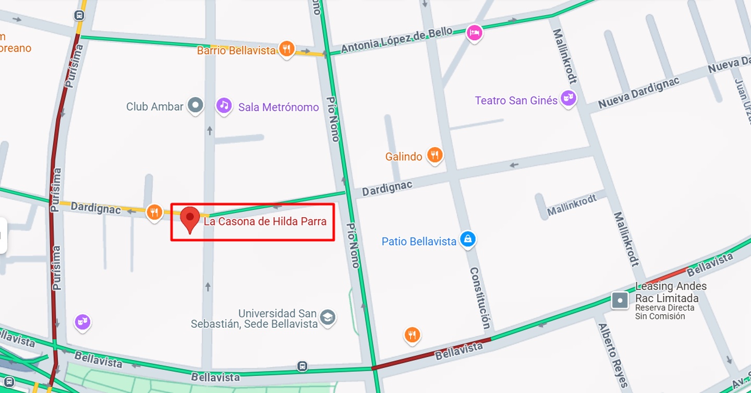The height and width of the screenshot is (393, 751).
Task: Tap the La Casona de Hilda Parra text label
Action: [x=265, y=221]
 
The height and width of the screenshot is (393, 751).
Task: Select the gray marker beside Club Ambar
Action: [x=196, y=105]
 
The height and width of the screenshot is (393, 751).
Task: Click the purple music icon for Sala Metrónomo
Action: [x=224, y=105]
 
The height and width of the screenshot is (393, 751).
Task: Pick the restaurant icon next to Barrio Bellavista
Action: [x=286, y=49]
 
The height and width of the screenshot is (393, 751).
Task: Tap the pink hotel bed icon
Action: [x=474, y=33]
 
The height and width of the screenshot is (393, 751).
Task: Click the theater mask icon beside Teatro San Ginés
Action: [x=568, y=98]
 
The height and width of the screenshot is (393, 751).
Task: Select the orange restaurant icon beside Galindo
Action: [x=435, y=154]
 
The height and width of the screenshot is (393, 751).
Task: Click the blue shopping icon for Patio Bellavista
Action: [x=468, y=240]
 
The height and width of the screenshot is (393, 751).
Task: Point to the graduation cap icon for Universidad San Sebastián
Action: [x=328, y=317]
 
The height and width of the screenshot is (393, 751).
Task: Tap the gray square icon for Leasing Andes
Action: [x=620, y=300]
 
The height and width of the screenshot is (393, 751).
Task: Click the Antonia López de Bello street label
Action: [x=396, y=40]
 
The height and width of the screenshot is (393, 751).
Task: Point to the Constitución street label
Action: [x=480, y=298]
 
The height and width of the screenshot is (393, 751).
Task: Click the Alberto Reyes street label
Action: [x=613, y=349]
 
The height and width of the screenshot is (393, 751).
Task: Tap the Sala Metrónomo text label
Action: [x=278, y=108]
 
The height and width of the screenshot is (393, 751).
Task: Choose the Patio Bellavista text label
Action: [x=419, y=242]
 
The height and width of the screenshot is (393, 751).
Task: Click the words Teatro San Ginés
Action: [x=516, y=100]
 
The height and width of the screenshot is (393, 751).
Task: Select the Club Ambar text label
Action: [x=155, y=106]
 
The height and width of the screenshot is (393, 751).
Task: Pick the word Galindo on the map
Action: [x=404, y=157]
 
